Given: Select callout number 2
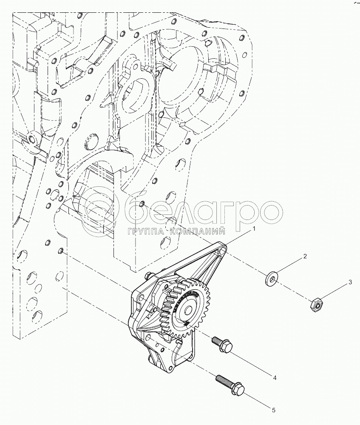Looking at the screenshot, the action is [305, 257].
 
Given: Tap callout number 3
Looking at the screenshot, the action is [350, 282].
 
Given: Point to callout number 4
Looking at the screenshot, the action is [275, 377].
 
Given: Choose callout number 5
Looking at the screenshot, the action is [274, 410].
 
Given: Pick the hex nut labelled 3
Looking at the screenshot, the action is [316, 304].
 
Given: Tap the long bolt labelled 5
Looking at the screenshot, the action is [230, 384].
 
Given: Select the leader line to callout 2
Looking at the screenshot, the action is [289, 267].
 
